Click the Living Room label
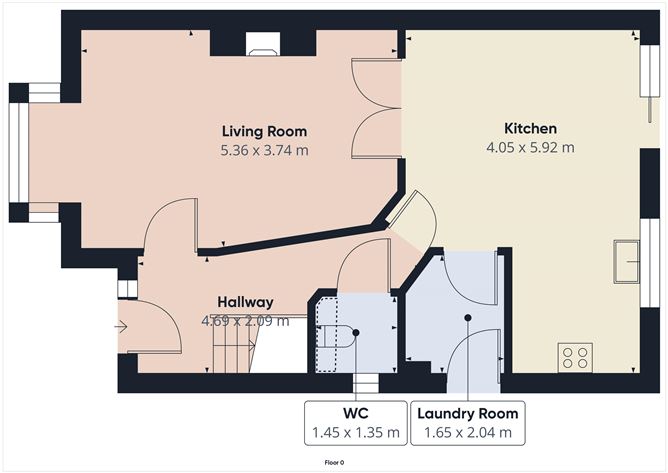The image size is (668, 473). tap(264, 131)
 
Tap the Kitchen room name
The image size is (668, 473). tap(530, 129)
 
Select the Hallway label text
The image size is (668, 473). tap(245, 302)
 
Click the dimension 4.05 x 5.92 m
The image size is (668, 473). tap(530, 147)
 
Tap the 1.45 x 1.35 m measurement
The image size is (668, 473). tap(355, 433)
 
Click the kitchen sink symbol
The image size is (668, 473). tap(628, 261)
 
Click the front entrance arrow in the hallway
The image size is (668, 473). tap(122, 325)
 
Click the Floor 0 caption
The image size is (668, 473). tap(334, 463)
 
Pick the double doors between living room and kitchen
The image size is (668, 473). tap(378, 107)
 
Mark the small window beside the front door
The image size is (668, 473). tap(126, 289)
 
